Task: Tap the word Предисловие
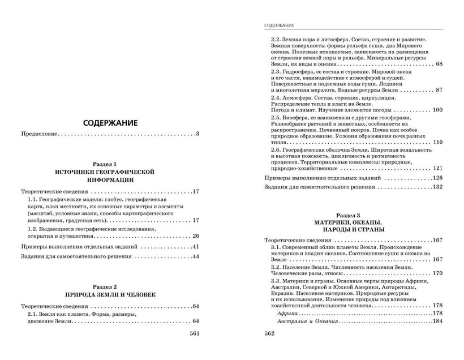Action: coord(40,134)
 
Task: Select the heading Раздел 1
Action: coord(110,163)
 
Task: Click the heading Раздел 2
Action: coord(110,286)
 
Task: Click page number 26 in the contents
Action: coord(196,235)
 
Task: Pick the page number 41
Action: coord(196,247)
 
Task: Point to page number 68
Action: coord(439,63)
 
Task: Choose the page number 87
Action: coord(439,91)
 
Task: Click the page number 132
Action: coord(436,187)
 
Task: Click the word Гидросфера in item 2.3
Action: coord(298,72)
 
